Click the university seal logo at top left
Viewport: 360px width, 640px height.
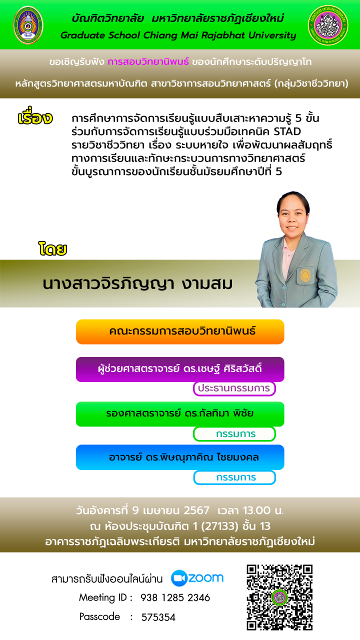28,25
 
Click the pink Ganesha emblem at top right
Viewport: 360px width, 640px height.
328,25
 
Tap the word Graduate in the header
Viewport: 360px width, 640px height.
82,35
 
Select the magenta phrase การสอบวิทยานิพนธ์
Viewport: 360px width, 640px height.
148,61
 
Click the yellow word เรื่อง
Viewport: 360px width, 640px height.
35,116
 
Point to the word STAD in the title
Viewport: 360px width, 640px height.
287,131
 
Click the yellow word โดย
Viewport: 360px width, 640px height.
52,248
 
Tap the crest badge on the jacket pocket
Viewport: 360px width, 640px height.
305,275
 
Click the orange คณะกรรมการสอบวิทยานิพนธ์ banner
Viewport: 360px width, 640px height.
180,331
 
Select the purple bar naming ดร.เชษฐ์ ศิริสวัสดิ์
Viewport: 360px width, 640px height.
180,369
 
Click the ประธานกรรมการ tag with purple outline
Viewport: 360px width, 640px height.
234,388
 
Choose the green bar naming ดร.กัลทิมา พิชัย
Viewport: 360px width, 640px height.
180,414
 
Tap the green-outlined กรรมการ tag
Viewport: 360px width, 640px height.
234,434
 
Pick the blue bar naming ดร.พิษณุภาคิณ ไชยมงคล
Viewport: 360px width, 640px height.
180,457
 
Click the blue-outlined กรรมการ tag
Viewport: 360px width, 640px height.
234,477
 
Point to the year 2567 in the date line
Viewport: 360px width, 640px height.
196,510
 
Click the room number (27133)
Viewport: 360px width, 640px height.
219,526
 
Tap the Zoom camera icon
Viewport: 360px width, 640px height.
179,578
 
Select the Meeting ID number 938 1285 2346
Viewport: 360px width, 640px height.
175,597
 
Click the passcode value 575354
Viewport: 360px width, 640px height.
158,617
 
